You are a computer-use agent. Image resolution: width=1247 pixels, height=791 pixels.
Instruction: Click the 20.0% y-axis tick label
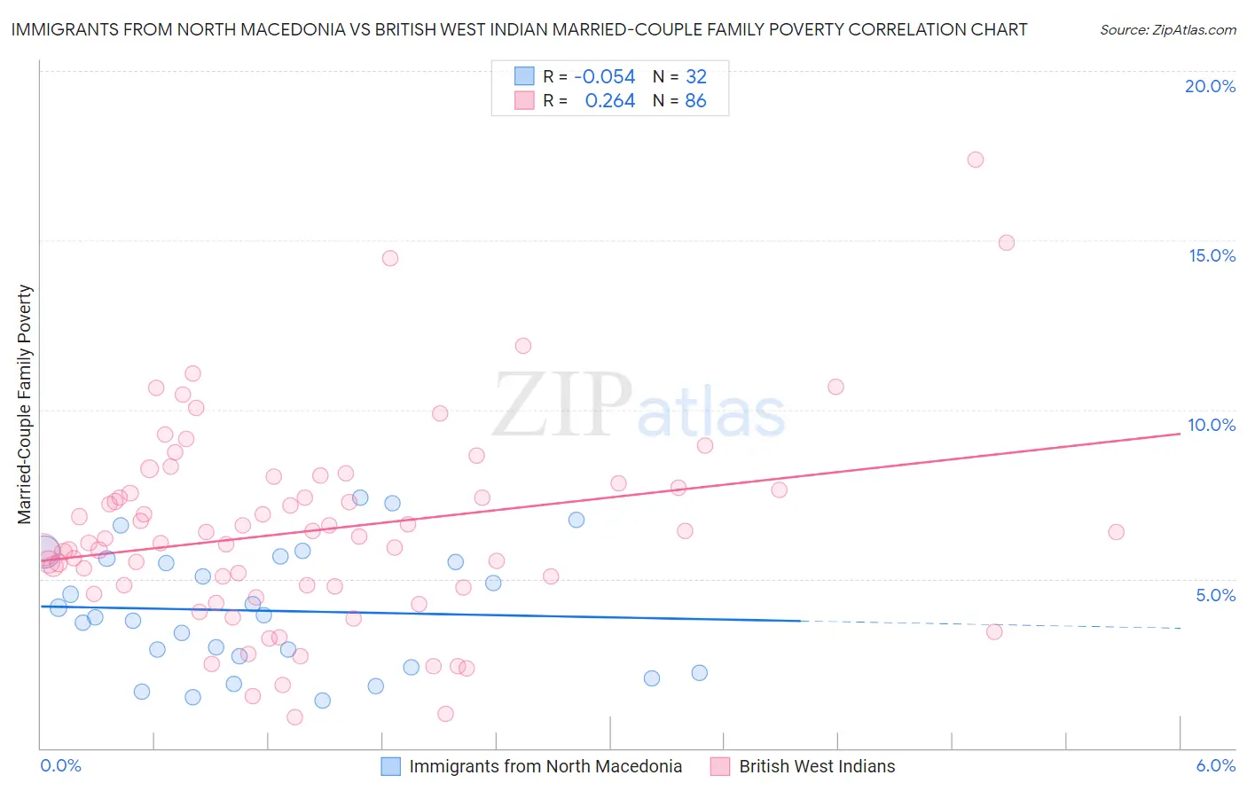[x=1210, y=86]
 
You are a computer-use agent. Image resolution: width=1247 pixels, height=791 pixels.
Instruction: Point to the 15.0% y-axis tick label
[x=1212, y=255]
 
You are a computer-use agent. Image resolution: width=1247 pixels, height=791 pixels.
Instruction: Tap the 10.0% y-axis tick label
[x=1212, y=425]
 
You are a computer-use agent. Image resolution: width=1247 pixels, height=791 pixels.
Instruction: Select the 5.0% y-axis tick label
[x=1215, y=595]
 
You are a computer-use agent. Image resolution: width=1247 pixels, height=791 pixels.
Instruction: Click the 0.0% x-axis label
[x=60, y=765]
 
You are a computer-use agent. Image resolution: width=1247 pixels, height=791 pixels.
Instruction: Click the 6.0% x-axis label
[x=1215, y=765]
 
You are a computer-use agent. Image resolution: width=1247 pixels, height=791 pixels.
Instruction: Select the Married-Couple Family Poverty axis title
[x=25, y=404]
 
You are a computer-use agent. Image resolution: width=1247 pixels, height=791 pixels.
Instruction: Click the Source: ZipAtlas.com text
[x=1167, y=30]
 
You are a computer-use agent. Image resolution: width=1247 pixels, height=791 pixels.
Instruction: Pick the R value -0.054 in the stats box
[x=604, y=77]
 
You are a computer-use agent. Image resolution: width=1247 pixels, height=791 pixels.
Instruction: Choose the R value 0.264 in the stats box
[x=609, y=101]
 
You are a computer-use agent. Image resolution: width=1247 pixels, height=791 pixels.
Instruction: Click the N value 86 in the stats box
[x=695, y=101]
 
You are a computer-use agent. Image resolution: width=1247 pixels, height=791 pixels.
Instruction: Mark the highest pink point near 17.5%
[x=975, y=160]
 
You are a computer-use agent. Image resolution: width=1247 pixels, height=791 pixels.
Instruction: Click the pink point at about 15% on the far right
[x=1006, y=243]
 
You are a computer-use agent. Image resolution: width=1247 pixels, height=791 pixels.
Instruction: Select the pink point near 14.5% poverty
[x=390, y=258]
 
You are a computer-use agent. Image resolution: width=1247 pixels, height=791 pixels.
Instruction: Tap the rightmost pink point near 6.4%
[x=1116, y=532]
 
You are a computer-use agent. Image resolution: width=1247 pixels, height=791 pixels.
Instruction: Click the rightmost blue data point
[x=699, y=673]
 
